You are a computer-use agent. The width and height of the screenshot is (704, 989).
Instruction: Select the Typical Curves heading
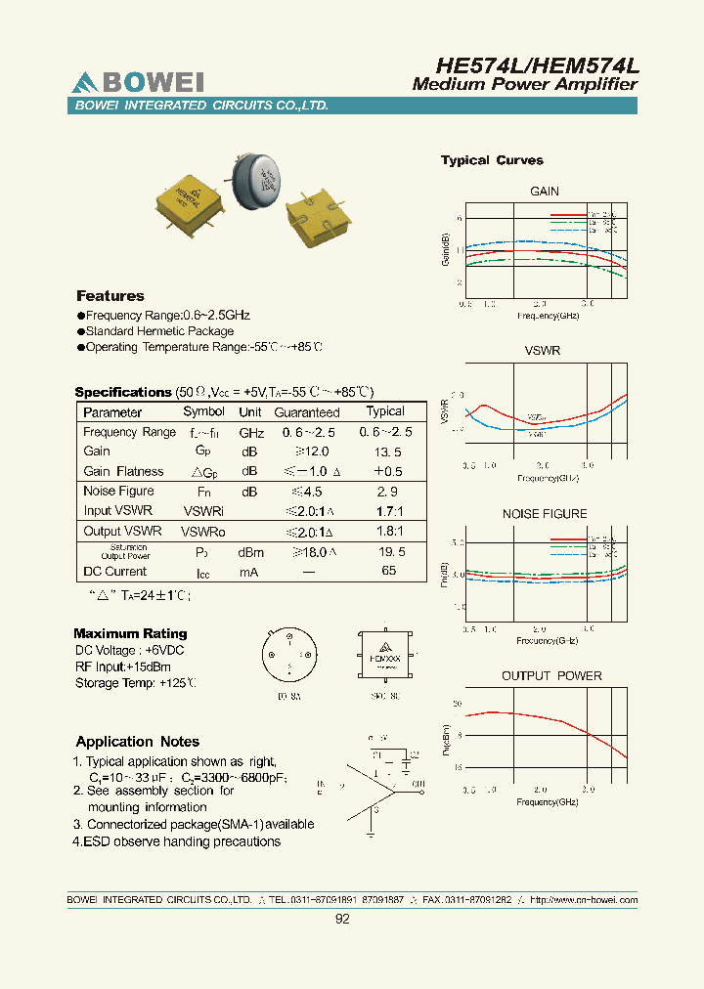(x=492, y=160)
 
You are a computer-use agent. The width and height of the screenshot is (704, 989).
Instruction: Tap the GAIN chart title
(x=545, y=192)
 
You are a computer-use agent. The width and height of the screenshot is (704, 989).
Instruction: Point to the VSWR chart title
(x=543, y=350)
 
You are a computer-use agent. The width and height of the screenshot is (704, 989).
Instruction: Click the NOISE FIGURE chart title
(x=545, y=514)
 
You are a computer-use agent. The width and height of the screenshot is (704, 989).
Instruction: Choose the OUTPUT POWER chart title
(x=551, y=676)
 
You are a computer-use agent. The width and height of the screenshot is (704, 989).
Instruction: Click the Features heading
(x=110, y=296)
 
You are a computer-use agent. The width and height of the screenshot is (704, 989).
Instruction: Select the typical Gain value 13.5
(x=384, y=452)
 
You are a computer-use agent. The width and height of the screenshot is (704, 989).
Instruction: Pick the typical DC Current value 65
(x=388, y=571)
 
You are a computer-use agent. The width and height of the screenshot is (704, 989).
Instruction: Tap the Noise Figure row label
(x=118, y=492)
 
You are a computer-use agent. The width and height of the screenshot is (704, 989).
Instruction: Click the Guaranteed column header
(x=307, y=412)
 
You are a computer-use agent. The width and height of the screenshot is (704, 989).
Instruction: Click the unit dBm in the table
(x=250, y=552)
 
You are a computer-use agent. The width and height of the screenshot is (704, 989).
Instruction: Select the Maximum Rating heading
(x=130, y=634)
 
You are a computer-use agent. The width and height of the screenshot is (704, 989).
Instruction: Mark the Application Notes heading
(x=138, y=742)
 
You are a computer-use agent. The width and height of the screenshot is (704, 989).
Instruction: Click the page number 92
(x=342, y=919)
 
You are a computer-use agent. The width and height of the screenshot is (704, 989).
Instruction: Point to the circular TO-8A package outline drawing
(x=289, y=656)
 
